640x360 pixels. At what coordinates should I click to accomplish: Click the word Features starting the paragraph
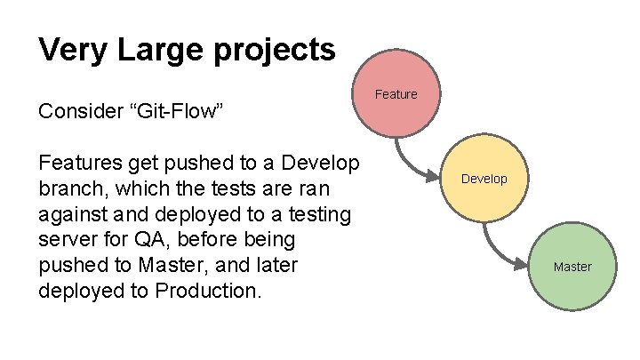(77, 164)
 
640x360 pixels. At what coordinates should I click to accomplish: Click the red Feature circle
(396, 93)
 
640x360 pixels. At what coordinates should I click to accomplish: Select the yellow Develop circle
(484, 179)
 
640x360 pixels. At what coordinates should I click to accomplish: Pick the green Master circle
(572, 266)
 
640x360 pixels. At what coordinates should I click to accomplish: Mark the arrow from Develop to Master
(498, 250)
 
